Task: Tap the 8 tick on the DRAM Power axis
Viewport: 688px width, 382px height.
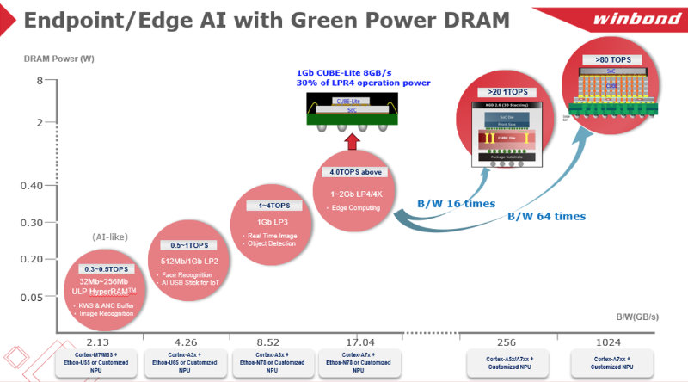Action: [x=38, y=81]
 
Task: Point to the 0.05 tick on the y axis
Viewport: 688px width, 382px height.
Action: [x=33, y=297]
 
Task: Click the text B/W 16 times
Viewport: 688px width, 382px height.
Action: [x=456, y=203]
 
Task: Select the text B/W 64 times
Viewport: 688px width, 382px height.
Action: [x=545, y=217]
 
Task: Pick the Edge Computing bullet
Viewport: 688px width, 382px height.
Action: [x=355, y=209]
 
